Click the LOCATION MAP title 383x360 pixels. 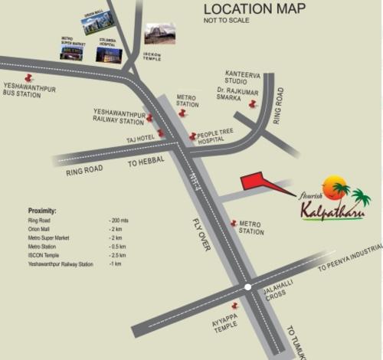pyautogui.click(x=254, y=9)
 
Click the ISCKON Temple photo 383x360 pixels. pyautogui.click(x=159, y=34)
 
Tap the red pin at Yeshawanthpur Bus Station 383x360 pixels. pyautogui.click(x=29, y=77)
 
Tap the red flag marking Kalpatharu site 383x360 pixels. pyautogui.click(x=257, y=182)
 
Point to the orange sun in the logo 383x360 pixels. pyautogui.click(x=335, y=187)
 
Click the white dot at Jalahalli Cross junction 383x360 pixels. pyautogui.click(x=247, y=287)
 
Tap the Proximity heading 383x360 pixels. pyautogui.click(x=42, y=210)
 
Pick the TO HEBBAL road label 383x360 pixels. pyautogui.click(x=143, y=163)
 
